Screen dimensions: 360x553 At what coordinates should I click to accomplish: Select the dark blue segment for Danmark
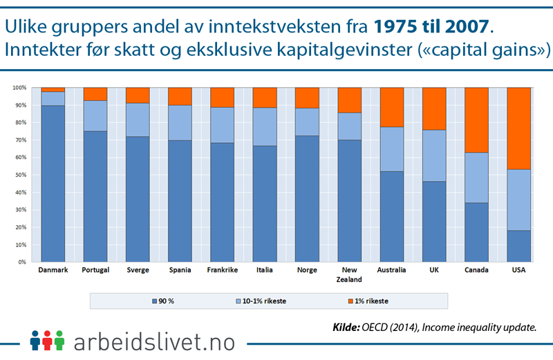coord(53,183)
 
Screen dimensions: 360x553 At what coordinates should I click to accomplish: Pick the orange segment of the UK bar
coord(435,108)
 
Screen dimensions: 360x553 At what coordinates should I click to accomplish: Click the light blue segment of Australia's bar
coord(392,149)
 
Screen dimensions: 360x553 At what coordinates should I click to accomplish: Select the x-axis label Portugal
coord(95,270)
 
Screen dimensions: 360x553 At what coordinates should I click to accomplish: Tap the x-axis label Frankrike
coord(222,270)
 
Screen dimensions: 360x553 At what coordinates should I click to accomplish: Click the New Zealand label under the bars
coord(350,274)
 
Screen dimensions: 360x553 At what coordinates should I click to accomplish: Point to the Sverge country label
coord(137,270)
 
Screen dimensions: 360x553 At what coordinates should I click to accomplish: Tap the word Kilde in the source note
coord(348,327)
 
